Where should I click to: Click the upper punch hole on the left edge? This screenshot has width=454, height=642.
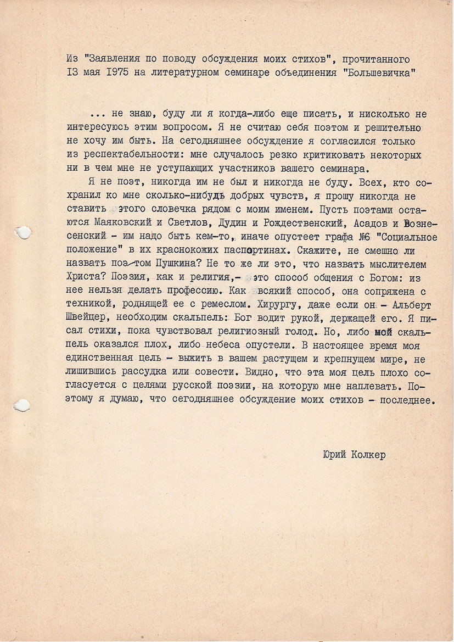tap(23, 233)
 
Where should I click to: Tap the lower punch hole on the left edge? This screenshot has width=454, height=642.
tap(22, 405)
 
